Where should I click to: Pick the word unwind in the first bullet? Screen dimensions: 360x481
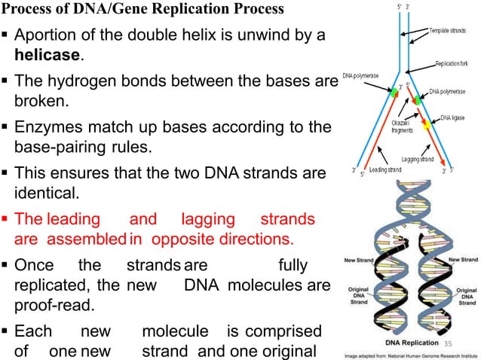point(260,35)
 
